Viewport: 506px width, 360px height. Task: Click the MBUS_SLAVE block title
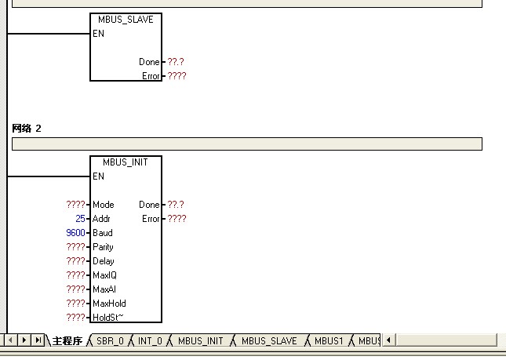[126, 19]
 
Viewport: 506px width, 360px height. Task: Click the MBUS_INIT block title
[126, 162]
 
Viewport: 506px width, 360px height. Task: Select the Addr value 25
[80, 219]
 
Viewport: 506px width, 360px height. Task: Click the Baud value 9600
[76, 233]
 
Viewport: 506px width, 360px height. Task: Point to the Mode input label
[103, 205]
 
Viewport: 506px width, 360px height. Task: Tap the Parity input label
[103, 247]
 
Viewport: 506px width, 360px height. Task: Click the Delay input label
[103, 261]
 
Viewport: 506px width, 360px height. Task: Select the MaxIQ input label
[104, 275]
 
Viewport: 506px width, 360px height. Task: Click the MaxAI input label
[104, 289]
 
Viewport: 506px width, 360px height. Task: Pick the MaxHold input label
[109, 304]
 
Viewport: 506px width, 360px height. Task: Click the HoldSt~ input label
[108, 318]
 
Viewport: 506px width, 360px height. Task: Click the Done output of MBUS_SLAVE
[149, 62]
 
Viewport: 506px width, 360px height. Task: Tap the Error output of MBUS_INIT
[151, 219]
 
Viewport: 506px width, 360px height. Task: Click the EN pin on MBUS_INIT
[98, 176]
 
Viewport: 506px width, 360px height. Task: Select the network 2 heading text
[27, 128]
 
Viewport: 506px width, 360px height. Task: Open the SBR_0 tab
[110, 341]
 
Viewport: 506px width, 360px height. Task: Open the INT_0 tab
[150, 341]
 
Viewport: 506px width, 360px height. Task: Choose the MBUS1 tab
[329, 341]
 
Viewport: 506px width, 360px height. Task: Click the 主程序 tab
[67, 341]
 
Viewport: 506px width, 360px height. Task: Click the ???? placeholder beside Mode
[76, 205]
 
